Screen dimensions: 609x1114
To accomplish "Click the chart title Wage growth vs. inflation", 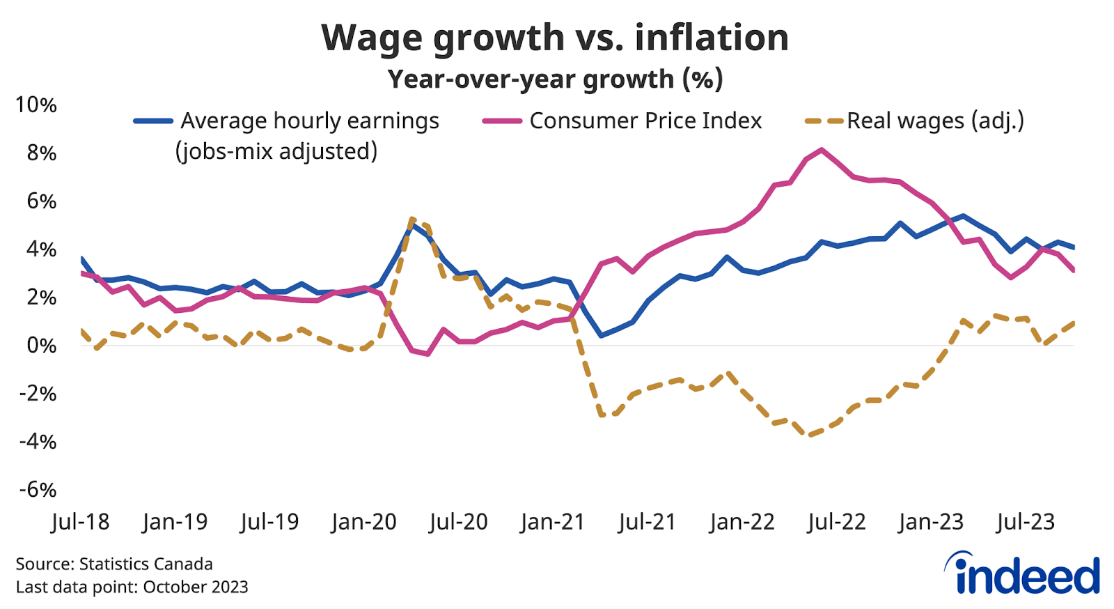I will coord(555,38).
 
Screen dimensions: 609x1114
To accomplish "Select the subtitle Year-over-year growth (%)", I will coord(555,79).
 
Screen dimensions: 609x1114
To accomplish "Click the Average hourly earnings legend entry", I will coord(309,121).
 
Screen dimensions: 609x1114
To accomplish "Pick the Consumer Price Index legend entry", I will coord(645,121).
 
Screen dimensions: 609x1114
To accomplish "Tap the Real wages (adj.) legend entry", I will coord(934,121).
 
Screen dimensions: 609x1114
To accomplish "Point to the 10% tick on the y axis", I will coord(36,105).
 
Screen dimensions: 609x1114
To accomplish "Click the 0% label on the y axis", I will coord(41,346).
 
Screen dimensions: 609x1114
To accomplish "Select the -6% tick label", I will coord(38,490).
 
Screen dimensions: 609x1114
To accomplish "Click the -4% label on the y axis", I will coord(38,442).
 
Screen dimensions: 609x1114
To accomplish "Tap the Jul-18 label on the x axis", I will coord(80,522).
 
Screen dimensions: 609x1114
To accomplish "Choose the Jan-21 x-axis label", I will coord(552,522).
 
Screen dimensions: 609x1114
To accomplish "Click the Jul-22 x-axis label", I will coord(836,522).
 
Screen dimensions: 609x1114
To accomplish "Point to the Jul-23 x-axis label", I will coord(1026,522).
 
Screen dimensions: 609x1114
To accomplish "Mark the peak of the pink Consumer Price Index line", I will coord(822,149).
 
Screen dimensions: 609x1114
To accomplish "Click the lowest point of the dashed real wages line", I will coord(809,435).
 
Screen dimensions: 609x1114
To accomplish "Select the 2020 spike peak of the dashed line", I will coord(412,219).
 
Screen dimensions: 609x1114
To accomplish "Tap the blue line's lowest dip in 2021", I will coord(601,336).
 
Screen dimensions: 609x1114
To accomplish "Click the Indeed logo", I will coord(1022,574).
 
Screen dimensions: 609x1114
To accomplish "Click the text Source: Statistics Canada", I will coord(114,564).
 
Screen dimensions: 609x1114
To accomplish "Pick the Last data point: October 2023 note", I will coord(132,587).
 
